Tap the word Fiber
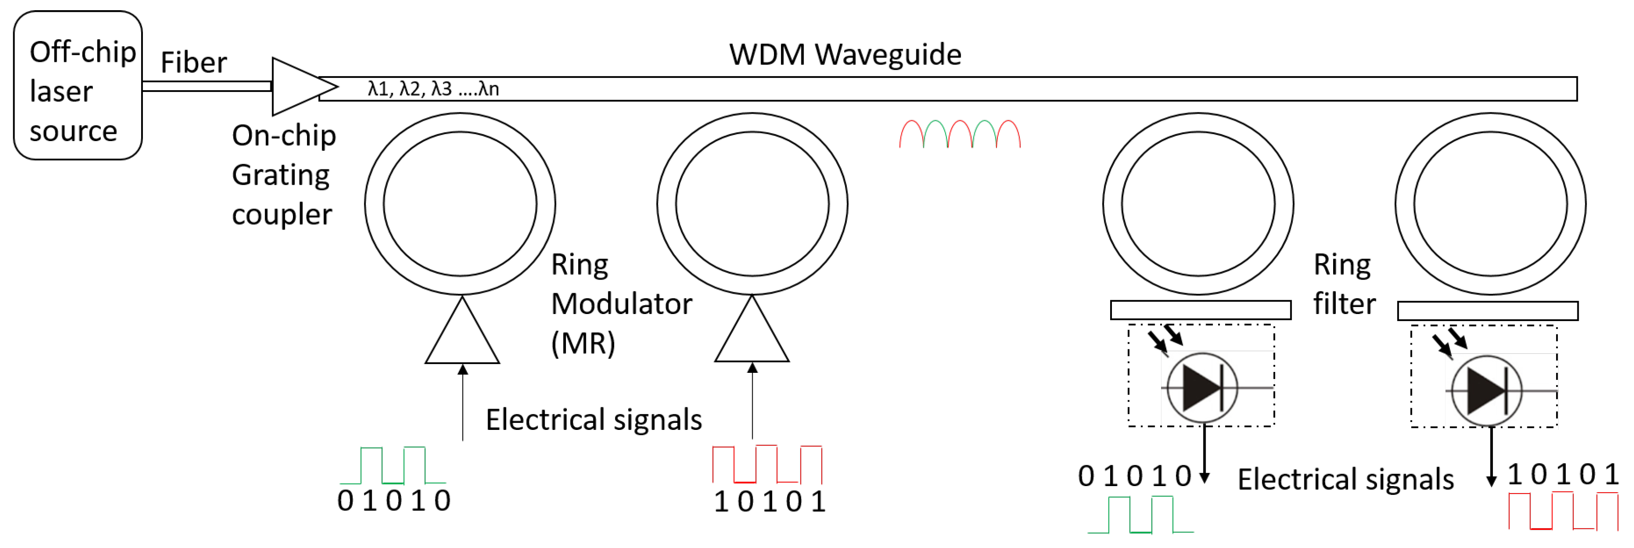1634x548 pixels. [193, 63]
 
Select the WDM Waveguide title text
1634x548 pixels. [845, 54]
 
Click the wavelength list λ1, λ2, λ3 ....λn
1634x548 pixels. [433, 89]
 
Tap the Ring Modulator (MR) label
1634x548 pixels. [620, 304]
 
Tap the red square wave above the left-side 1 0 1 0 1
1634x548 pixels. [767, 464]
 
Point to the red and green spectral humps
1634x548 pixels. [960, 134]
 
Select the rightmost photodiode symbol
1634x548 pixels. [1486, 390]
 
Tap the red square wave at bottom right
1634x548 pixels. [1563, 511]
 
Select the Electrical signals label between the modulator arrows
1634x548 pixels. [594, 420]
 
